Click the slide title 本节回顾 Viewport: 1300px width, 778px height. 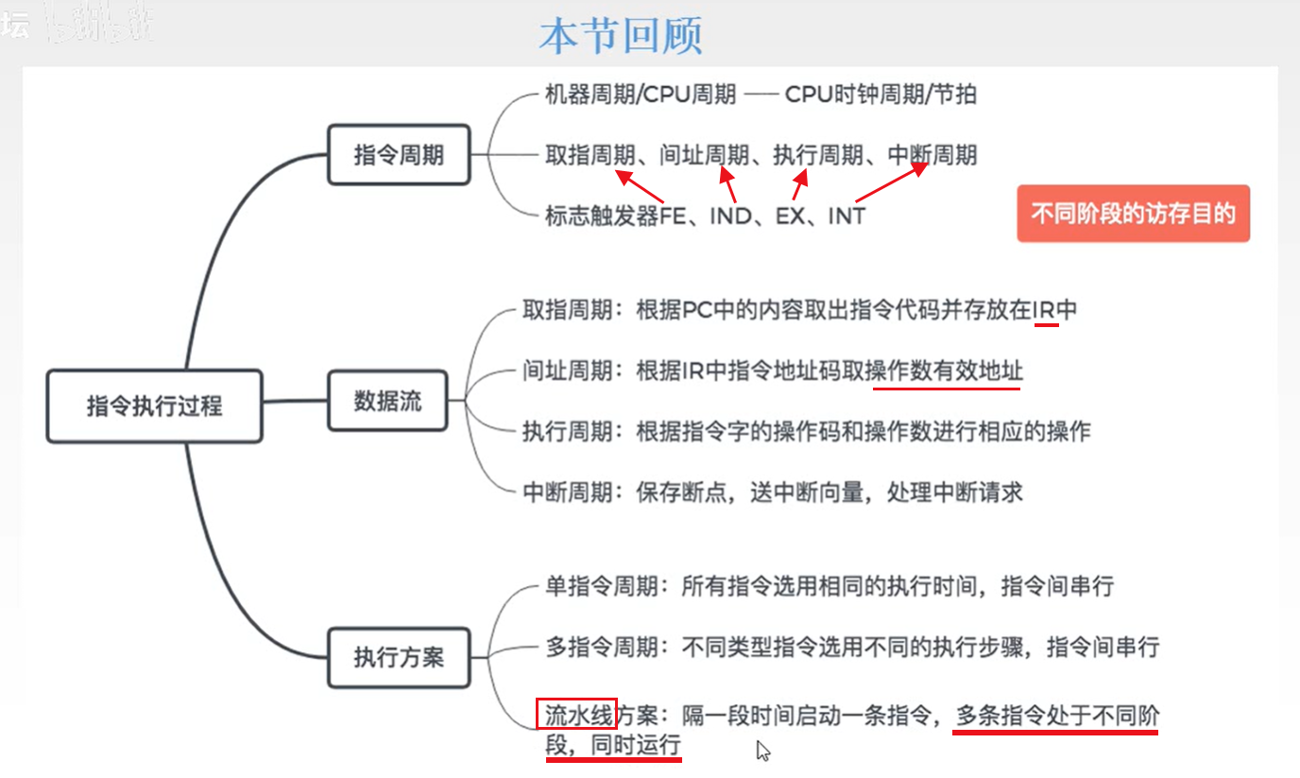[x=620, y=36]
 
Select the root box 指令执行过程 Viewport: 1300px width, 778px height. [x=154, y=406]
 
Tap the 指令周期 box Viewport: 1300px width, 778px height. [x=399, y=154]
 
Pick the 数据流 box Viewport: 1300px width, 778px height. [x=387, y=401]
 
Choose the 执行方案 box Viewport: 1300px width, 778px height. [x=399, y=656]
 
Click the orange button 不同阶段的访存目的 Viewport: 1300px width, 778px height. [x=1133, y=214]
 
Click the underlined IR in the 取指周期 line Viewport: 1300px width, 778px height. [x=1045, y=310]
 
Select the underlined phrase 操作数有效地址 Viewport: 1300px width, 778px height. [x=947, y=372]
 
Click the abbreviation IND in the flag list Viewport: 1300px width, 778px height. [x=729, y=216]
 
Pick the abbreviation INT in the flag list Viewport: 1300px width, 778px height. [x=846, y=216]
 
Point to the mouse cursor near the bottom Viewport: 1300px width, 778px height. [x=762, y=750]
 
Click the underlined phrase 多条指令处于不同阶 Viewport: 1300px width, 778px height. [x=1055, y=717]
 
